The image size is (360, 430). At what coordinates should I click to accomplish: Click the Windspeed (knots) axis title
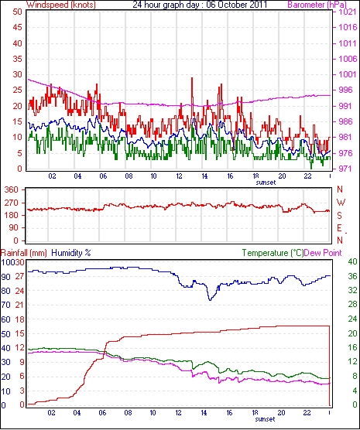(61, 5)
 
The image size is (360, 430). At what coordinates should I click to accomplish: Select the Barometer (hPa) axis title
(317, 5)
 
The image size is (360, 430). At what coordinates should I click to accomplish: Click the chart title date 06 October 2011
(236, 5)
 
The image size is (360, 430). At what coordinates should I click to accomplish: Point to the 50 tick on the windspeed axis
(17, 12)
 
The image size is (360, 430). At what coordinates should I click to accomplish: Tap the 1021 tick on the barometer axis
(347, 12)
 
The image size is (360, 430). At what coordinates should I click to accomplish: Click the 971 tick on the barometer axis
(347, 169)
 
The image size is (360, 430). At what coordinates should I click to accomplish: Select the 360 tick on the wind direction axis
(12, 189)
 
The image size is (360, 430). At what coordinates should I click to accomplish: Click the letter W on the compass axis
(341, 203)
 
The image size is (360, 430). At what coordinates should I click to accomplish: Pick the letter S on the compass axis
(340, 216)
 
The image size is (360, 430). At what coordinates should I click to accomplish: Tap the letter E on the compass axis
(340, 228)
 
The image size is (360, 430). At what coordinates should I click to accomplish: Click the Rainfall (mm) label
(24, 253)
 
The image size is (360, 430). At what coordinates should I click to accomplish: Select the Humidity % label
(71, 253)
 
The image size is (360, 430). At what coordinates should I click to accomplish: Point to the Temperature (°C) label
(273, 253)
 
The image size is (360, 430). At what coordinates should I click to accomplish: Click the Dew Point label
(323, 253)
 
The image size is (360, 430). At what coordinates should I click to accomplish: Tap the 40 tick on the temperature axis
(352, 261)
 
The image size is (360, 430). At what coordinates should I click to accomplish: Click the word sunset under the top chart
(266, 183)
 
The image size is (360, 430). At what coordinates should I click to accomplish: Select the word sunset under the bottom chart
(265, 419)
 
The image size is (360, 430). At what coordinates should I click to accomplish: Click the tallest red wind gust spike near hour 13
(192, 78)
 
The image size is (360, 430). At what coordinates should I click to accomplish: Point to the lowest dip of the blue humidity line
(210, 300)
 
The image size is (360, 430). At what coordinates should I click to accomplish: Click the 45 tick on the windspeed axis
(17, 27)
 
